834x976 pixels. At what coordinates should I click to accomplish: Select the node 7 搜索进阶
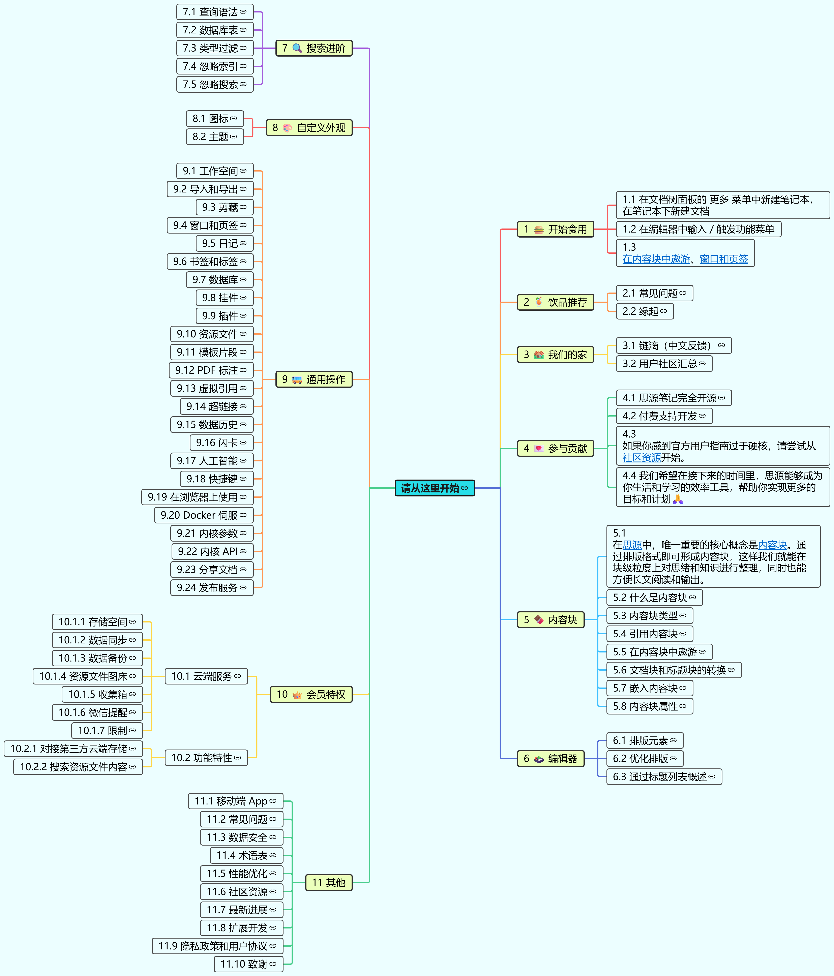(314, 48)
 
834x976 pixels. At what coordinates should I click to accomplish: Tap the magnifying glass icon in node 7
(297, 48)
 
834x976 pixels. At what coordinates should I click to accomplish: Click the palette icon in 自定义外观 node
(287, 128)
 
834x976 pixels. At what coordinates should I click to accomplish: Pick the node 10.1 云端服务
(206, 676)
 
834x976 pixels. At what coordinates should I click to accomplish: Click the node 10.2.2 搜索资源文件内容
(78, 767)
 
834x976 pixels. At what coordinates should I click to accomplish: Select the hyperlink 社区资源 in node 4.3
(641, 457)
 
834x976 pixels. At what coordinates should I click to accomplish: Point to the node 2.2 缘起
(645, 311)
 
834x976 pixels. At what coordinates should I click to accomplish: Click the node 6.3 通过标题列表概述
(664, 777)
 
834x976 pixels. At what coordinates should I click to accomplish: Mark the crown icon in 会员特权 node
(297, 695)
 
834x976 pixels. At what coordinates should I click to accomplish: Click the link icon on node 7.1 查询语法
(243, 12)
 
